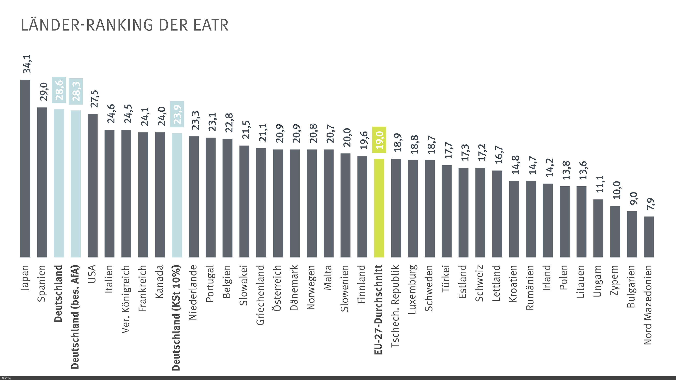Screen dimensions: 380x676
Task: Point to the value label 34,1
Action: pos(27,64)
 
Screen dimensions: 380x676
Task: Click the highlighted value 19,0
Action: pos(379,140)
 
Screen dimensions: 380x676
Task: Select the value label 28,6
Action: pos(59,90)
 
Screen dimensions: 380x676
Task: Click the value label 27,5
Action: pos(94,99)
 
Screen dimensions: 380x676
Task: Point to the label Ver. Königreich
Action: pos(126,299)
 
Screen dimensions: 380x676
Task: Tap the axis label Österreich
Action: pos(277,288)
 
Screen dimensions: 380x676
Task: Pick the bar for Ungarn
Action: pos(598,228)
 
